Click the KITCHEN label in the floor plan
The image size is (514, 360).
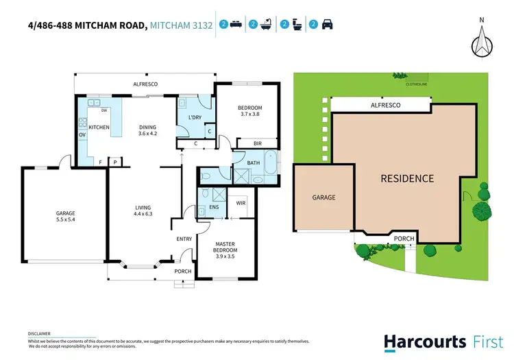(98, 128)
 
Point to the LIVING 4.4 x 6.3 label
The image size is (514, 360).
(143, 211)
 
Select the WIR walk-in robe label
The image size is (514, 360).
(241, 203)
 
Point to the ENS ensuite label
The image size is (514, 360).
(214, 207)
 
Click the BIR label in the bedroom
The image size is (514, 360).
(258, 144)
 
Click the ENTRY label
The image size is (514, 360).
(184, 239)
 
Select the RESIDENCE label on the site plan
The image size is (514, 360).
(407, 179)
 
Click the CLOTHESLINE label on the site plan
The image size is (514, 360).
(416, 84)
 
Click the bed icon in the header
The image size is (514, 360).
(234, 25)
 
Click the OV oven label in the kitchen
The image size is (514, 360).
(82, 135)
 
